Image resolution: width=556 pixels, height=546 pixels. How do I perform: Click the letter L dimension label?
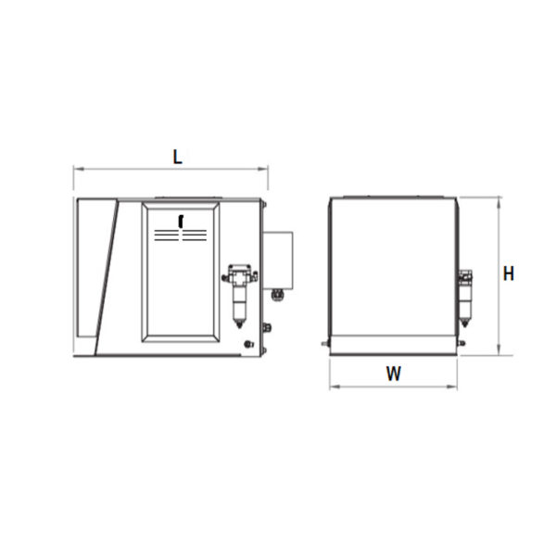tap(177, 157)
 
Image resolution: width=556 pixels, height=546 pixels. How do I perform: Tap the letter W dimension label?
tap(393, 374)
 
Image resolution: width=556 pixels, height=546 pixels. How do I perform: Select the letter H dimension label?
tap(509, 273)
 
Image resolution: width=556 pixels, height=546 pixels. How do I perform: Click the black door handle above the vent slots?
tap(181, 222)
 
